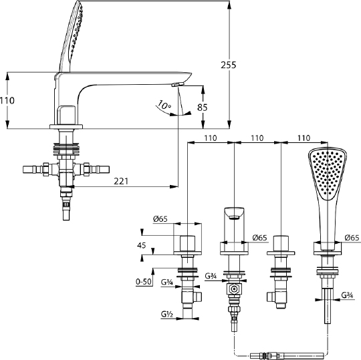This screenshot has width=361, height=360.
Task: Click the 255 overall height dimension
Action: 229,65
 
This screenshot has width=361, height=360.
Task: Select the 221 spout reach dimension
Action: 121,182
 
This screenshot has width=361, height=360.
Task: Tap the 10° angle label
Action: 164,105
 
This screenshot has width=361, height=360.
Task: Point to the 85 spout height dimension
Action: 203,108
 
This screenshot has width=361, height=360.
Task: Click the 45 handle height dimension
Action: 141,246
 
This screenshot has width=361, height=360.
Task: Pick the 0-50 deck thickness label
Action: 144,281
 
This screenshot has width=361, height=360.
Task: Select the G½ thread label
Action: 167,314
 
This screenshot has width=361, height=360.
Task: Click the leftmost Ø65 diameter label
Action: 160,219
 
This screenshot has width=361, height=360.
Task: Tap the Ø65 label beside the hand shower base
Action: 352,238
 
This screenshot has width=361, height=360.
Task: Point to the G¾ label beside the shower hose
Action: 347,295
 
